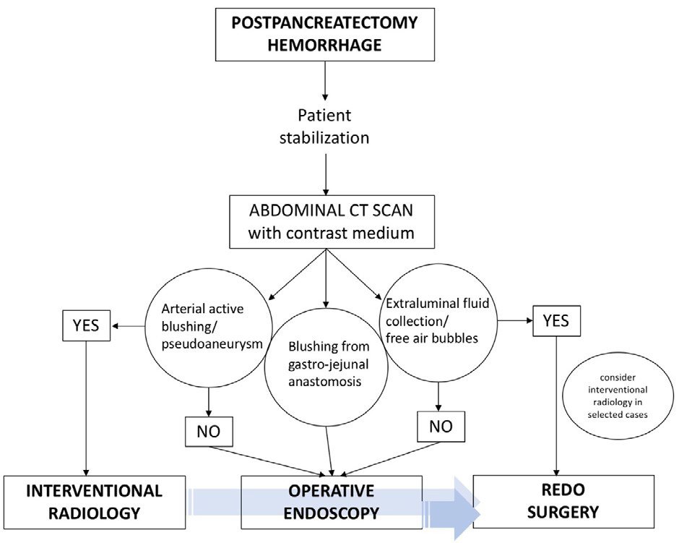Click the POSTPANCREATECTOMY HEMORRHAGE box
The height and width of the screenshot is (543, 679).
[324, 33]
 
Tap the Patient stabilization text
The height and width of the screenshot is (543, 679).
[324, 127]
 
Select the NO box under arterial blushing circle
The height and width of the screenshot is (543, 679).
[209, 432]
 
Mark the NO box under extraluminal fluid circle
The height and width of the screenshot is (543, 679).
[441, 427]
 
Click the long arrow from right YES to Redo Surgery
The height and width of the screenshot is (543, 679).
[557, 405]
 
